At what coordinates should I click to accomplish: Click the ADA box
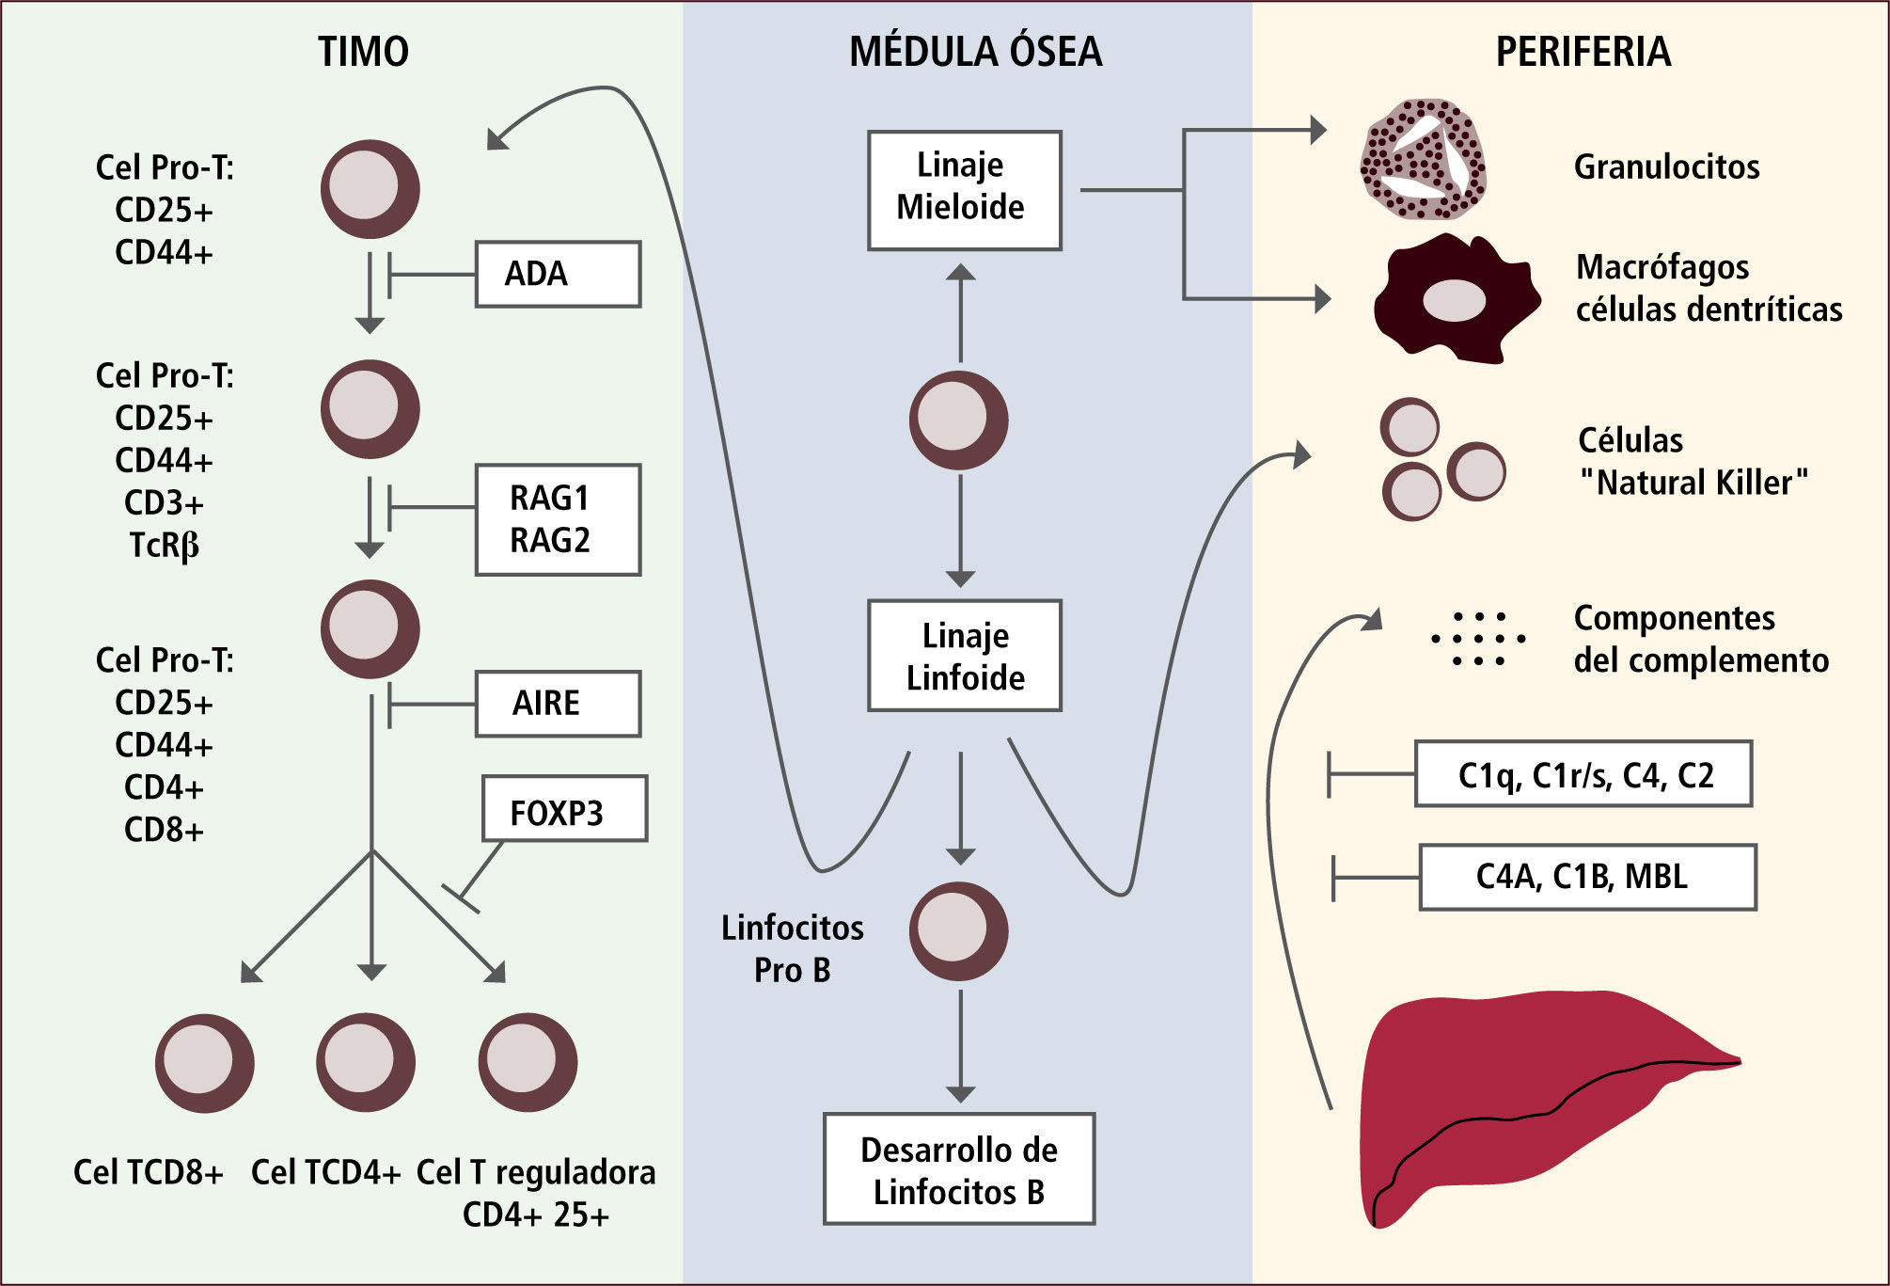(558, 274)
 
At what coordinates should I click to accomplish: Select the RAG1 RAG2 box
(558, 519)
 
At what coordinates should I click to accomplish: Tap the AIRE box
(558, 703)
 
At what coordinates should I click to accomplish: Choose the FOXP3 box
(564, 808)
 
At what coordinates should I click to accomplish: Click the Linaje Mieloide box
(964, 190)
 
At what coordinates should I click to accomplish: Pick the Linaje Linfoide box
(964, 656)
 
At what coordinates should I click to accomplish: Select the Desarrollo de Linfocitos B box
(959, 1169)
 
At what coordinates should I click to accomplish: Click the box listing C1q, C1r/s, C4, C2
(1583, 774)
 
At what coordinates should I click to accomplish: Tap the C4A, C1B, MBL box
(1587, 877)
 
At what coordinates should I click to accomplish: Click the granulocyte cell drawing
(1423, 160)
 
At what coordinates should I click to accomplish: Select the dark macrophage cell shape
(1456, 299)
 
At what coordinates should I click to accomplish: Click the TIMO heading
(363, 52)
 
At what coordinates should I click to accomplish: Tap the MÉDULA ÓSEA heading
(975, 52)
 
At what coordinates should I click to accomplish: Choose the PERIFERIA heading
(1583, 52)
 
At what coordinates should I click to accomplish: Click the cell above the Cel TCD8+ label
(205, 1063)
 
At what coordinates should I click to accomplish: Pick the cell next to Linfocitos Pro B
(958, 931)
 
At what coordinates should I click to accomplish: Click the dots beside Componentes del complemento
(1478, 640)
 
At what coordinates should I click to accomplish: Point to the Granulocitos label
(1666, 167)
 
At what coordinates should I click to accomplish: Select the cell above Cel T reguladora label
(528, 1063)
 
